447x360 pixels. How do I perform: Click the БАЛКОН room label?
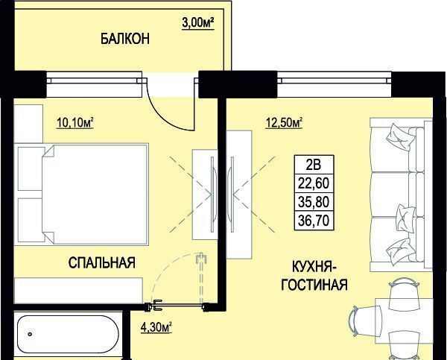pos(125,39)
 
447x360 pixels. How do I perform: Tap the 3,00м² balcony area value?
pos(198,22)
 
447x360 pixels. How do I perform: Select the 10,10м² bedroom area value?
pos(75,123)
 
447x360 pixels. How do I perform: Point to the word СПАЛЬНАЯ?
pos(102,262)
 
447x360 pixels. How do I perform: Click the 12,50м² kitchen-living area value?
pos(284,123)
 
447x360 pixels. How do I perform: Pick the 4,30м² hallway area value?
pos(156,327)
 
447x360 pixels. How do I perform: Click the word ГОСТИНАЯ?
pos(314,285)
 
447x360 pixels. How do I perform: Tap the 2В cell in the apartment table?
pos(314,165)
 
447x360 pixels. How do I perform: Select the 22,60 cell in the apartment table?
pos(314,183)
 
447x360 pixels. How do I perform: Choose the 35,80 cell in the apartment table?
pos(314,202)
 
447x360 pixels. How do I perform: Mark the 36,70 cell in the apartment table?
pos(314,221)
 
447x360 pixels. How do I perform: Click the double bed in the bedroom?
pos(95,195)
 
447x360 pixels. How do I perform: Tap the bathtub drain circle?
pos(30,334)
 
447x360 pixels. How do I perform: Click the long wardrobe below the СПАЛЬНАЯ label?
pos(78,291)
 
